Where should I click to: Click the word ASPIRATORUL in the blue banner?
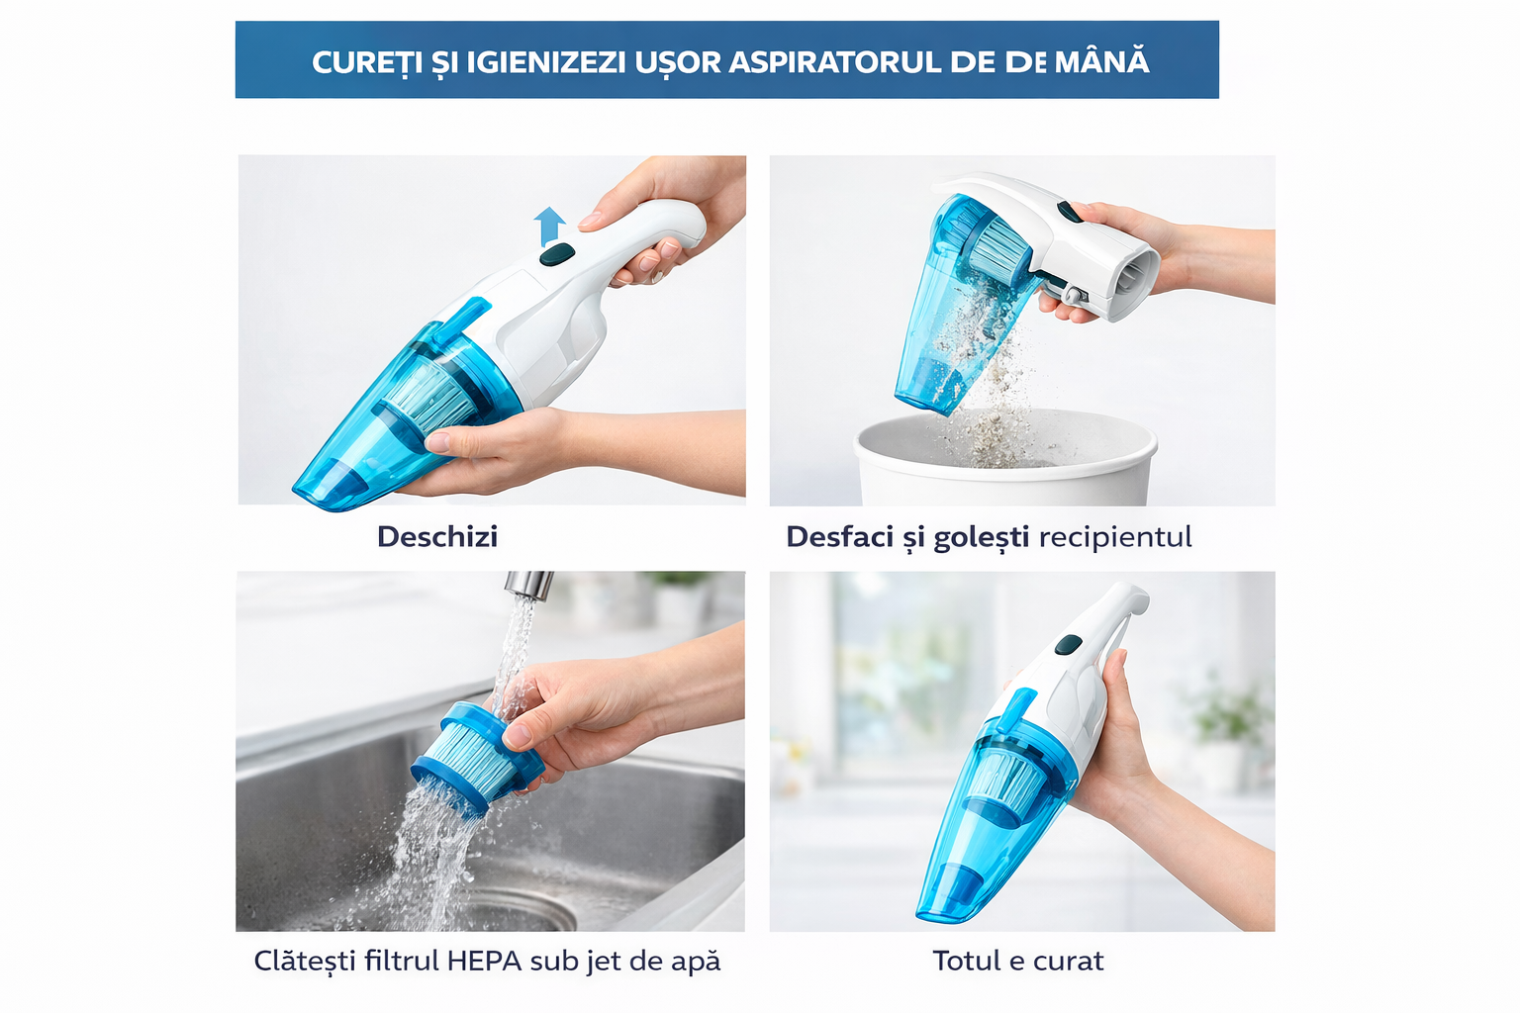tap(835, 62)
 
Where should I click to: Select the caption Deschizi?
tap(436, 536)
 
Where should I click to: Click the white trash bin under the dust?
tap(1004, 464)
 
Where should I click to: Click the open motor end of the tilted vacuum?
tap(1138, 281)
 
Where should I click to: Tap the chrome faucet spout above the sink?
tap(528, 585)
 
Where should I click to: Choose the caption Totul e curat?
tap(1017, 961)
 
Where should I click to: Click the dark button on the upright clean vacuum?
tap(1068, 645)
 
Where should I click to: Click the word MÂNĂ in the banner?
tap(1101, 62)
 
